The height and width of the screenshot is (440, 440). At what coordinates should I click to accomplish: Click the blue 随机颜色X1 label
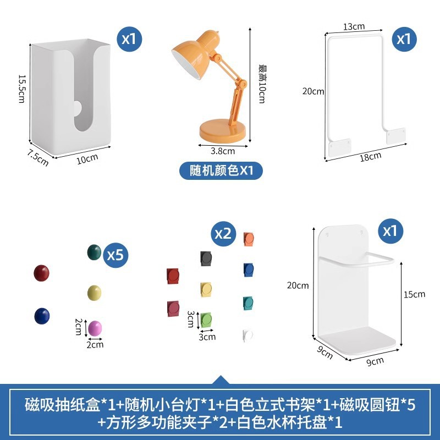(x=221, y=170)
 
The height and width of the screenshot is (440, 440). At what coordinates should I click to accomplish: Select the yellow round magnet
(x=95, y=291)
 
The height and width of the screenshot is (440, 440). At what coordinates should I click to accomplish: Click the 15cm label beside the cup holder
(x=414, y=294)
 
